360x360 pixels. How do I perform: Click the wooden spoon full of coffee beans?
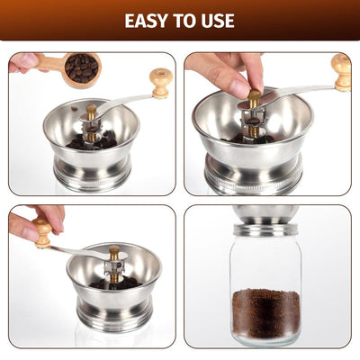(x=79, y=67)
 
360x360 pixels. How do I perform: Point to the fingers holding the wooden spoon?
(x=22, y=63)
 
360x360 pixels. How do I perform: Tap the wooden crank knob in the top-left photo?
(x=161, y=81)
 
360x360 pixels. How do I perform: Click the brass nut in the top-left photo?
(x=91, y=111)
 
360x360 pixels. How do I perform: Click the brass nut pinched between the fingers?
(x=255, y=96)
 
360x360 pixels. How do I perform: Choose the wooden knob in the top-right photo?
(x=341, y=71)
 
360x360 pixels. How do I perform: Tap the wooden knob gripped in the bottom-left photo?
(x=42, y=232)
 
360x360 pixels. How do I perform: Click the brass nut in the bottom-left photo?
(x=114, y=253)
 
